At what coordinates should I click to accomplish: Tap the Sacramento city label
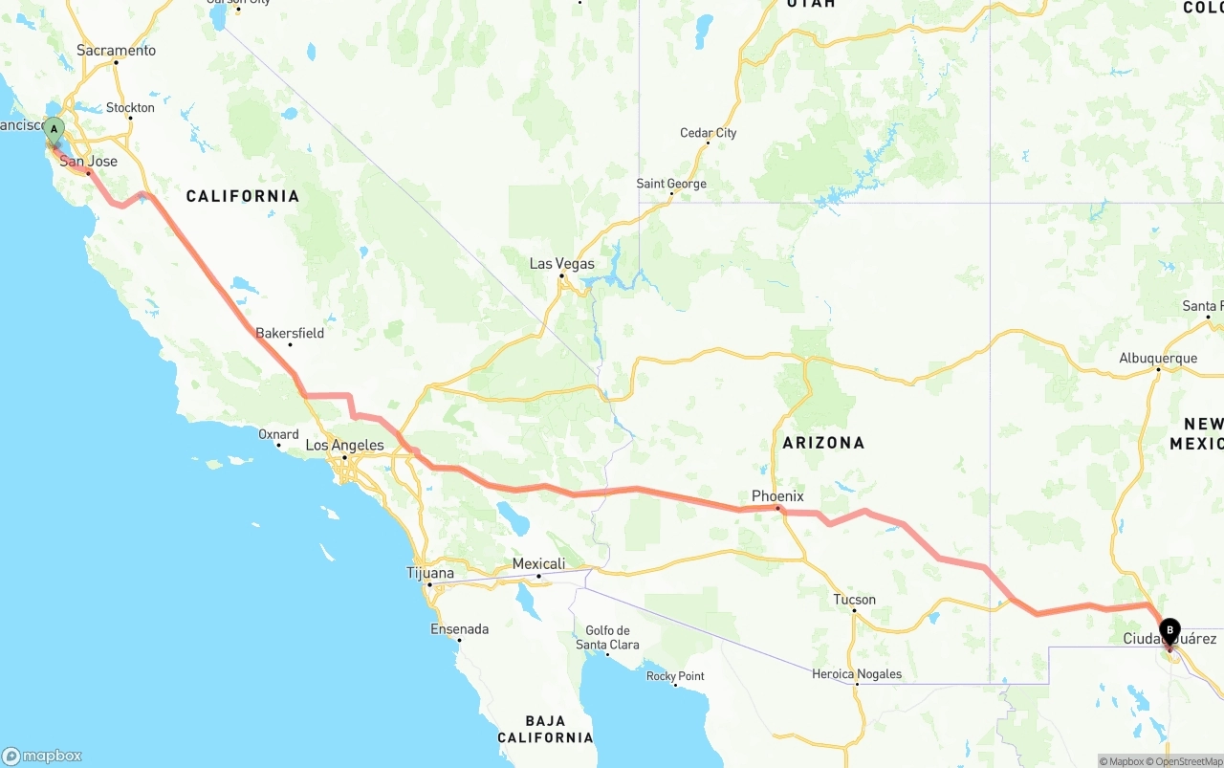coord(116,51)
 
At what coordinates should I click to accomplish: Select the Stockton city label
coord(130,108)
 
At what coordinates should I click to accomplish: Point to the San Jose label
coord(89,162)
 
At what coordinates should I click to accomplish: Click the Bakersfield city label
coord(290,333)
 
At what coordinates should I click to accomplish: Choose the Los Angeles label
coord(344,445)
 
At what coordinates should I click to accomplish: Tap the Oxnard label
coord(278,434)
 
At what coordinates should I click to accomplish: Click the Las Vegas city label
coord(562,264)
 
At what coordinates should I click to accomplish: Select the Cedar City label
coord(708,133)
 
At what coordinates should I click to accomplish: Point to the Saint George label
coord(671,184)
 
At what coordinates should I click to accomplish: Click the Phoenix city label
coord(777,496)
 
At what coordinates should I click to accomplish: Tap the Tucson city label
coord(854,600)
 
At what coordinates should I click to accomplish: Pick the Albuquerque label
coord(1158,359)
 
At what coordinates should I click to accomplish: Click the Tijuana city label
coord(430,574)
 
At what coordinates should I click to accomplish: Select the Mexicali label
coord(538,564)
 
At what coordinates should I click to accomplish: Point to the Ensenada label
coord(460,629)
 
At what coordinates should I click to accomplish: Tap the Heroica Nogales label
coord(857,674)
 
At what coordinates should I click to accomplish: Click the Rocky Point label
coord(675,676)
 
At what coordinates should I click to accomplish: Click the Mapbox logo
coord(42,756)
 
